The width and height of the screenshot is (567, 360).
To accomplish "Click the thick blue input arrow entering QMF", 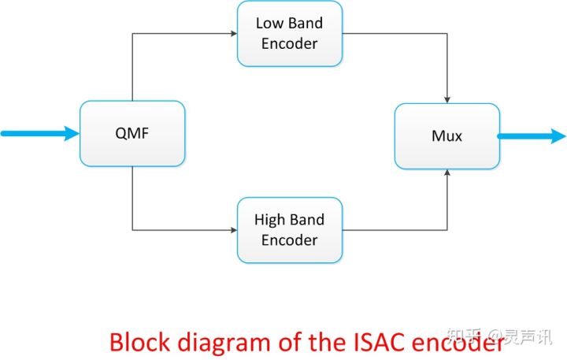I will click(x=39, y=134).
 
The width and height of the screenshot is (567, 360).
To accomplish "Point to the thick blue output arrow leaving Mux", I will click(x=532, y=135).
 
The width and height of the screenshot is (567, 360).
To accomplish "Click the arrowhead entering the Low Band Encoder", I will click(x=233, y=34).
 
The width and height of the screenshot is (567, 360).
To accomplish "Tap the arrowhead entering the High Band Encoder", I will click(x=233, y=230).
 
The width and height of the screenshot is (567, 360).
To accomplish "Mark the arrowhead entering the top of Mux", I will click(x=447, y=99).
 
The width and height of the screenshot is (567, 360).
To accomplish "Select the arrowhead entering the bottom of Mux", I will click(x=447, y=173).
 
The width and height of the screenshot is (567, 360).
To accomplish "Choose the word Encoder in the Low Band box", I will click(x=289, y=43).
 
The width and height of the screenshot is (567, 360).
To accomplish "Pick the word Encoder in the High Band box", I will click(x=289, y=239).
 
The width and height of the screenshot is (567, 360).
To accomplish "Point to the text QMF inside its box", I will click(x=132, y=134).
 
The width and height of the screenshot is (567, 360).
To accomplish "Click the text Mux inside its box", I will click(x=447, y=135).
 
